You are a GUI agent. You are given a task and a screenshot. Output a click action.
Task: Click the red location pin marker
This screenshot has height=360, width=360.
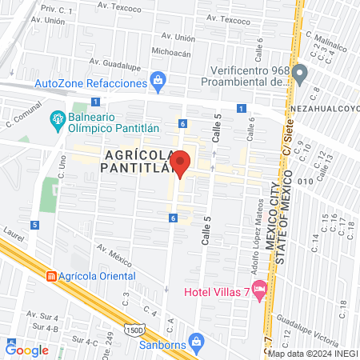(x=181, y=162)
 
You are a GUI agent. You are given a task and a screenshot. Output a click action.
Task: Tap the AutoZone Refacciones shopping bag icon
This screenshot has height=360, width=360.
(x=158, y=81)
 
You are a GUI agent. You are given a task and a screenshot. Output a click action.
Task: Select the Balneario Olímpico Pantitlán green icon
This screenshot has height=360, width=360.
(x=58, y=121)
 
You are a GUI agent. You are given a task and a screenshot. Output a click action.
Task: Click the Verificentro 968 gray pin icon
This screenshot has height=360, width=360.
(x=300, y=75)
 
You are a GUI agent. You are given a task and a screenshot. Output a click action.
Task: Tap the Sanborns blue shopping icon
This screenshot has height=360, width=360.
(x=198, y=341)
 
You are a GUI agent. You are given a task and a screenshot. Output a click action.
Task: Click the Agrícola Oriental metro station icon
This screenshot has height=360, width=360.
(x=51, y=277)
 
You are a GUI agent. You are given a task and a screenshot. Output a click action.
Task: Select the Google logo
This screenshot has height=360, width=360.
(x=26, y=350)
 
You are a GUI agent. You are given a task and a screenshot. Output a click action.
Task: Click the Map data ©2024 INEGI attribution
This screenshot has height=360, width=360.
(x=312, y=353)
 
